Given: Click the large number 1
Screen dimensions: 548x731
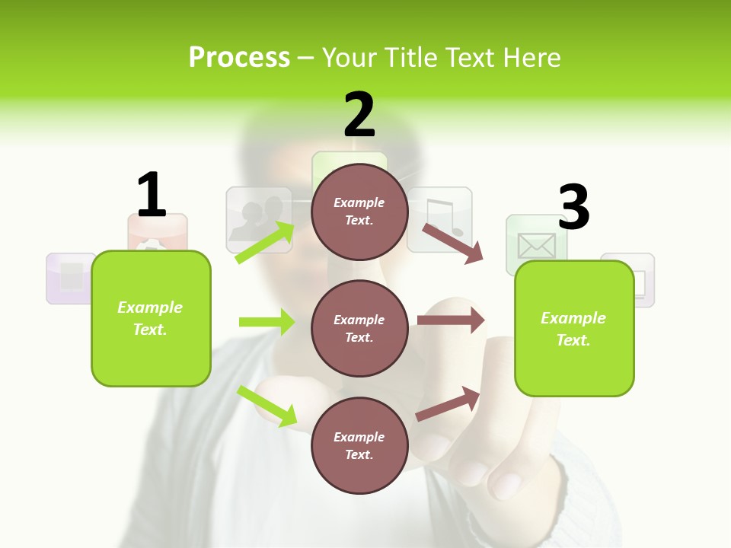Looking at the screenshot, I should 152,195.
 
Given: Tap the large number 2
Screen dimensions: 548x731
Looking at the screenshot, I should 359,115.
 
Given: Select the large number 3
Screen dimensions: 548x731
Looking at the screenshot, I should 573,207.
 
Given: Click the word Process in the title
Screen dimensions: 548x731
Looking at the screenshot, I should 239,57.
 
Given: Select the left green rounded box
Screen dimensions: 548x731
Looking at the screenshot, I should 151,318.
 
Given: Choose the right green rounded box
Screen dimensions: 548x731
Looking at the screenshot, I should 574,328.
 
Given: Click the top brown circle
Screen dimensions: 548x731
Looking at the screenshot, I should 359,212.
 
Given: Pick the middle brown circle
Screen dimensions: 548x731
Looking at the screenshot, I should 359,328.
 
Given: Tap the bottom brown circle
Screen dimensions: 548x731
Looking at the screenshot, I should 359,445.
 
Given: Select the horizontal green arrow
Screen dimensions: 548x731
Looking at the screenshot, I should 267,322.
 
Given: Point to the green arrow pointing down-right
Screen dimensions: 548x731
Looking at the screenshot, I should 267,406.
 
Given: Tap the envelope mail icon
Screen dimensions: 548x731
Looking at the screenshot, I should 536,245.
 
